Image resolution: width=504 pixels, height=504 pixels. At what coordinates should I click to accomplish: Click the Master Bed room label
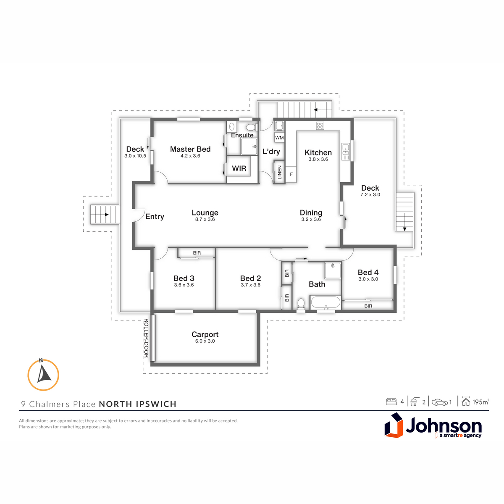coord(190,149)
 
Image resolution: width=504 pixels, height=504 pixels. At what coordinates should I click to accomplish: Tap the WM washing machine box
coord(279,138)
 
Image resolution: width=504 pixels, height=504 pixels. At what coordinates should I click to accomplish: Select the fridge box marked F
coord(291,174)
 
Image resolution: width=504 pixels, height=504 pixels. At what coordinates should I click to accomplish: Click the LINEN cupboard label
coord(280,172)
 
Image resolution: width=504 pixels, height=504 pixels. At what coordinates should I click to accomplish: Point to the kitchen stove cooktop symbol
coord(320,126)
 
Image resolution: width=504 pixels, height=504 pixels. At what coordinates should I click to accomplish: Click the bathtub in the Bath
coord(325,302)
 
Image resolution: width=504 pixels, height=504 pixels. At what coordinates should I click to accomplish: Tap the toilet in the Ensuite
coord(251,127)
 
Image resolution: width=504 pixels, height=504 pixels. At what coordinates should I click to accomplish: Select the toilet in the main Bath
coord(301,304)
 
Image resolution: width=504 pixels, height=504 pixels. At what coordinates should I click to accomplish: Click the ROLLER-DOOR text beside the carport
coord(146,338)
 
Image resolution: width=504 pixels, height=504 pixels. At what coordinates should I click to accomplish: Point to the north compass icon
coord(43,375)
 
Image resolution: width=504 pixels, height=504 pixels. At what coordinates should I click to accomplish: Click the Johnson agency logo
coord(433,425)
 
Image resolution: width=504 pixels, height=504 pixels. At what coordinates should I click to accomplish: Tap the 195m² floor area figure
coord(481,402)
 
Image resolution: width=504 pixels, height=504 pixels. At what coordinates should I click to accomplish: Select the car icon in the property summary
coord(439,402)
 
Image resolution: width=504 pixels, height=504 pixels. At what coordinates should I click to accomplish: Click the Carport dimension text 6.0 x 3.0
coord(205,341)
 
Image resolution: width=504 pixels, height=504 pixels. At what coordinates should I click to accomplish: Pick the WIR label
coord(239,168)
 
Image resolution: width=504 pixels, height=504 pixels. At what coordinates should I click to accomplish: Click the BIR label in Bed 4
coord(368,306)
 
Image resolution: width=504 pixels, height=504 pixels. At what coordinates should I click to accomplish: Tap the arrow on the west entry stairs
coord(107,215)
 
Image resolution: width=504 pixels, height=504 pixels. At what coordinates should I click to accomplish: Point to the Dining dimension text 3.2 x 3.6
coord(311,219)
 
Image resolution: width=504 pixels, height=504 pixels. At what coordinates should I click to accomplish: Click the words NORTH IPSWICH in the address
coord(138,404)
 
